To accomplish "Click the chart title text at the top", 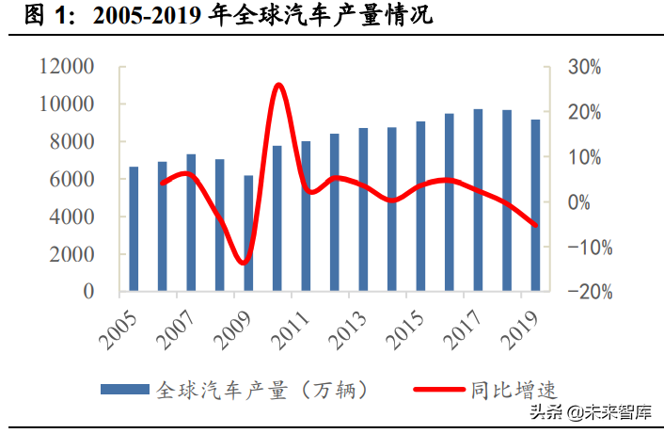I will click(226, 17).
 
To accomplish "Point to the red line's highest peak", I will click(278, 86).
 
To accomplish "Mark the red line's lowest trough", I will click(245, 263).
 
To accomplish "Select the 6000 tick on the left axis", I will click(72, 180).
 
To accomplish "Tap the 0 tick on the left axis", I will click(88, 292).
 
